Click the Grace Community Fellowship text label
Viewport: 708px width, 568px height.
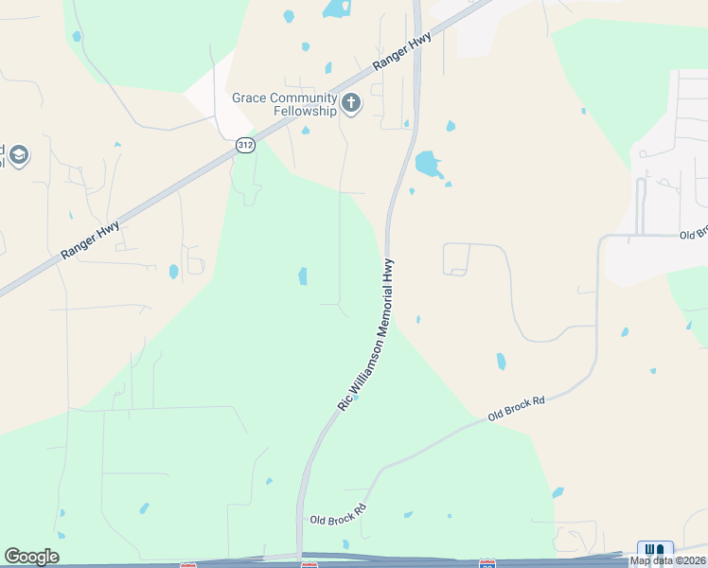click(285, 104)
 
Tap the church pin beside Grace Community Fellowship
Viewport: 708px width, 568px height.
click(351, 103)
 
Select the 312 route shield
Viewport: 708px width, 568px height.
click(245, 144)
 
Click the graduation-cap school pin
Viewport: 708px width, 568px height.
click(18, 154)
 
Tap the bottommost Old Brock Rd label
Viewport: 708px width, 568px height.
click(337, 515)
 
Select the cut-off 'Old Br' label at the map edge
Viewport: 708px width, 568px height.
click(693, 234)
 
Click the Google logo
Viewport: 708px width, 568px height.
click(31, 557)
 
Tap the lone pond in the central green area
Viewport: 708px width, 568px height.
click(303, 275)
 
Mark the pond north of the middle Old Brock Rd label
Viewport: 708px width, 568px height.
click(501, 361)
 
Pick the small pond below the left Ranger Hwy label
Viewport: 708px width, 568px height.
click(173, 272)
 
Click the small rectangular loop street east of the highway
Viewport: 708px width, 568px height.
click(455, 258)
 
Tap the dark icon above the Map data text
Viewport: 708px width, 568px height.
click(655, 549)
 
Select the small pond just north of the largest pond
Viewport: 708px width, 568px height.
click(451, 126)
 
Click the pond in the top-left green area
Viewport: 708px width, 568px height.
click(77, 36)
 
